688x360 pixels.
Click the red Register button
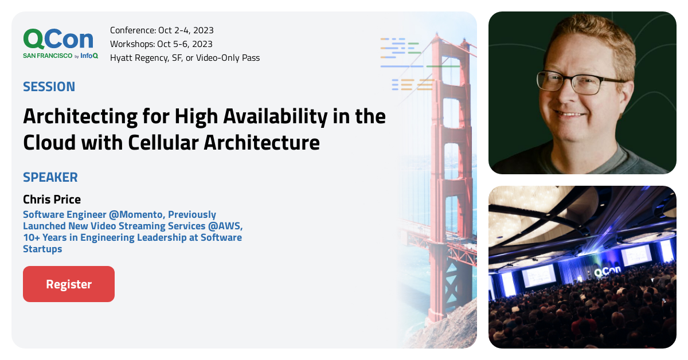pyautogui.click(x=69, y=284)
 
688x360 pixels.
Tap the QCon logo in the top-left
pyautogui.click(x=58, y=39)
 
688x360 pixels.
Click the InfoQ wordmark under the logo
pyautogui.click(x=89, y=56)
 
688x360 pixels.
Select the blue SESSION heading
pyautogui.click(x=49, y=87)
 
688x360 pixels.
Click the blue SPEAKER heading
pyautogui.click(x=50, y=177)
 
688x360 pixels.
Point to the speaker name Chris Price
pyautogui.click(x=52, y=199)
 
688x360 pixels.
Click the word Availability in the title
pyautogui.click(x=275, y=117)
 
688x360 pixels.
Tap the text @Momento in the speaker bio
pyautogui.click(x=136, y=214)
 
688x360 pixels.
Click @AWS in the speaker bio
pyautogui.click(x=225, y=226)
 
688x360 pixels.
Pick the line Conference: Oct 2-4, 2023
pyautogui.click(x=162, y=30)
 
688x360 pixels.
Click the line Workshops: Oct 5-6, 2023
pyautogui.click(x=161, y=44)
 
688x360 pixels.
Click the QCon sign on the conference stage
pyautogui.click(x=607, y=271)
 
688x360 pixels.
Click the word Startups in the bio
pyautogui.click(x=42, y=249)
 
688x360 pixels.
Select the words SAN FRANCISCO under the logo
pyautogui.click(x=48, y=56)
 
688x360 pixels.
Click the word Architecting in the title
pyautogui.click(x=80, y=117)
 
